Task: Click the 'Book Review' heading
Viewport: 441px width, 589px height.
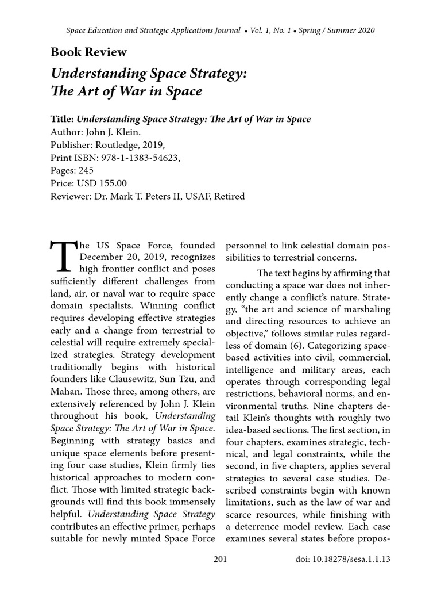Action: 88,52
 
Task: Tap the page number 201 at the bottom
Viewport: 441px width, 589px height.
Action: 220,558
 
